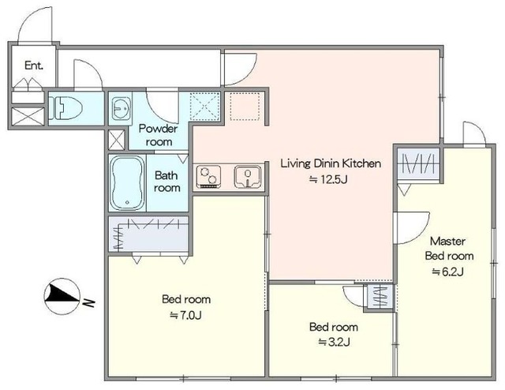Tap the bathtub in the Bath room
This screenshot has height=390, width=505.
click(x=127, y=182)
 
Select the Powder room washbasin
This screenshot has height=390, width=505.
click(x=120, y=108)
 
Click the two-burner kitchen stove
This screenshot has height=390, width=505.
click(x=208, y=177)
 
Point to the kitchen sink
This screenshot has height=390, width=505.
click(x=248, y=177)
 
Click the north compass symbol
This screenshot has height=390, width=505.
click(x=62, y=296)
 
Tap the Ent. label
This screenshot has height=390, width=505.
click(x=34, y=66)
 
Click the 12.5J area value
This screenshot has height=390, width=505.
click(x=328, y=179)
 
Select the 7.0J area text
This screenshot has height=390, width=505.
click(x=186, y=315)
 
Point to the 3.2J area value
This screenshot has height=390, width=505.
click(x=334, y=342)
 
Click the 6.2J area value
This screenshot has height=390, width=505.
click(x=447, y=272)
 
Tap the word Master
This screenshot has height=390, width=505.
click(x=447, y=242)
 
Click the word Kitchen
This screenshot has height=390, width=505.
click(x=361, y=163)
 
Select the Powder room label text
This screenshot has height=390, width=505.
click(x=159, y=135)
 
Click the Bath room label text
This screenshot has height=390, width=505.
click(x=166, y=182)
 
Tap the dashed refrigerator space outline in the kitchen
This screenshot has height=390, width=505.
click(x=245, y=107)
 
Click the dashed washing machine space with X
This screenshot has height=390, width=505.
click(x=205, y=107)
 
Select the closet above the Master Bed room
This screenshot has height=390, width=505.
click(x=418, y=164)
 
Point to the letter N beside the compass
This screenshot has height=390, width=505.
click(x=88, y=303)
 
